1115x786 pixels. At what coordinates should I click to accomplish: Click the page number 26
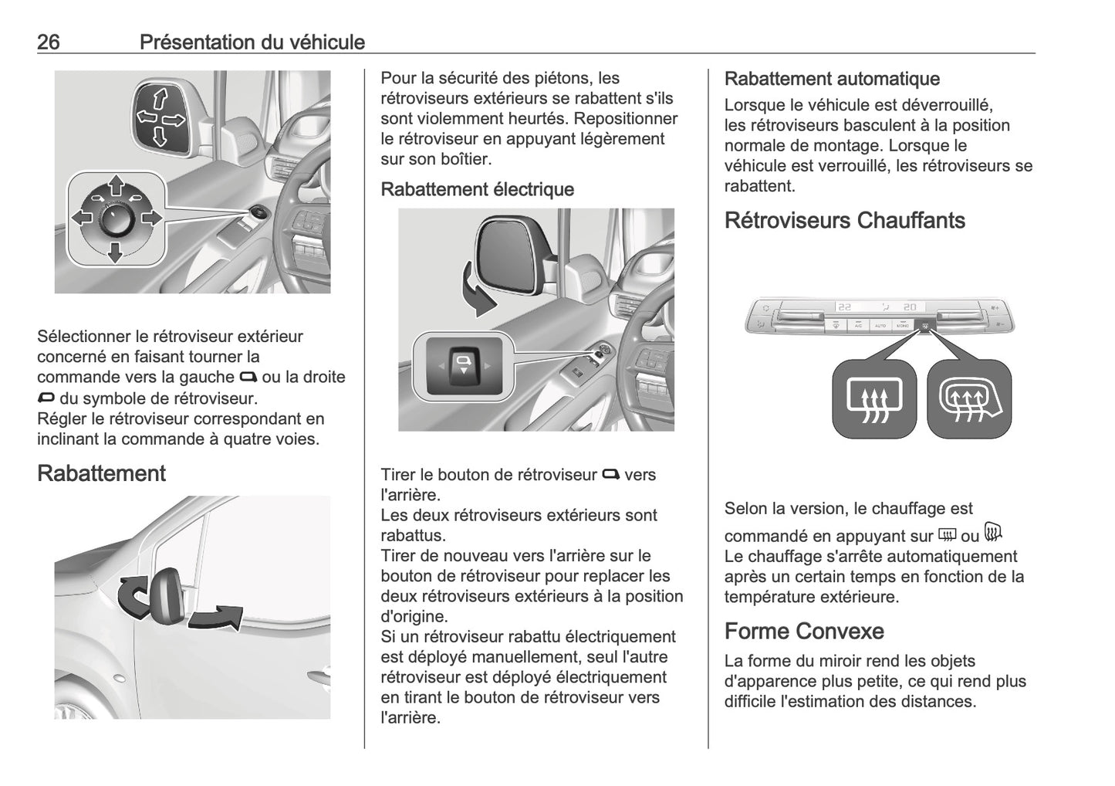point(48,42)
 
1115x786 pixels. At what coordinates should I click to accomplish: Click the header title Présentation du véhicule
point(252,42)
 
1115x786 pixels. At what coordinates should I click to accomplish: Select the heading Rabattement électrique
point(477,189)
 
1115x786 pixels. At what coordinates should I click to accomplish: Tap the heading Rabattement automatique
point(831,79)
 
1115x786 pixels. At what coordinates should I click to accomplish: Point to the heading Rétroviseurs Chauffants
point(844,221)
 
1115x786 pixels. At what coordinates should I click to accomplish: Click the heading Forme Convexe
point(803,632)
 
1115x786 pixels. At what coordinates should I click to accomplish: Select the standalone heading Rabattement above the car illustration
point(101,473)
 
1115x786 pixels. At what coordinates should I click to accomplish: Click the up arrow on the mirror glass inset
point(160,98)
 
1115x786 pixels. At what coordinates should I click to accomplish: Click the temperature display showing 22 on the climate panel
point(845,307)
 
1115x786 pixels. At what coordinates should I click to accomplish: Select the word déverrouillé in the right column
point(947,105)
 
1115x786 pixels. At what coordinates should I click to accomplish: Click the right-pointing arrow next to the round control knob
point(151,218)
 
